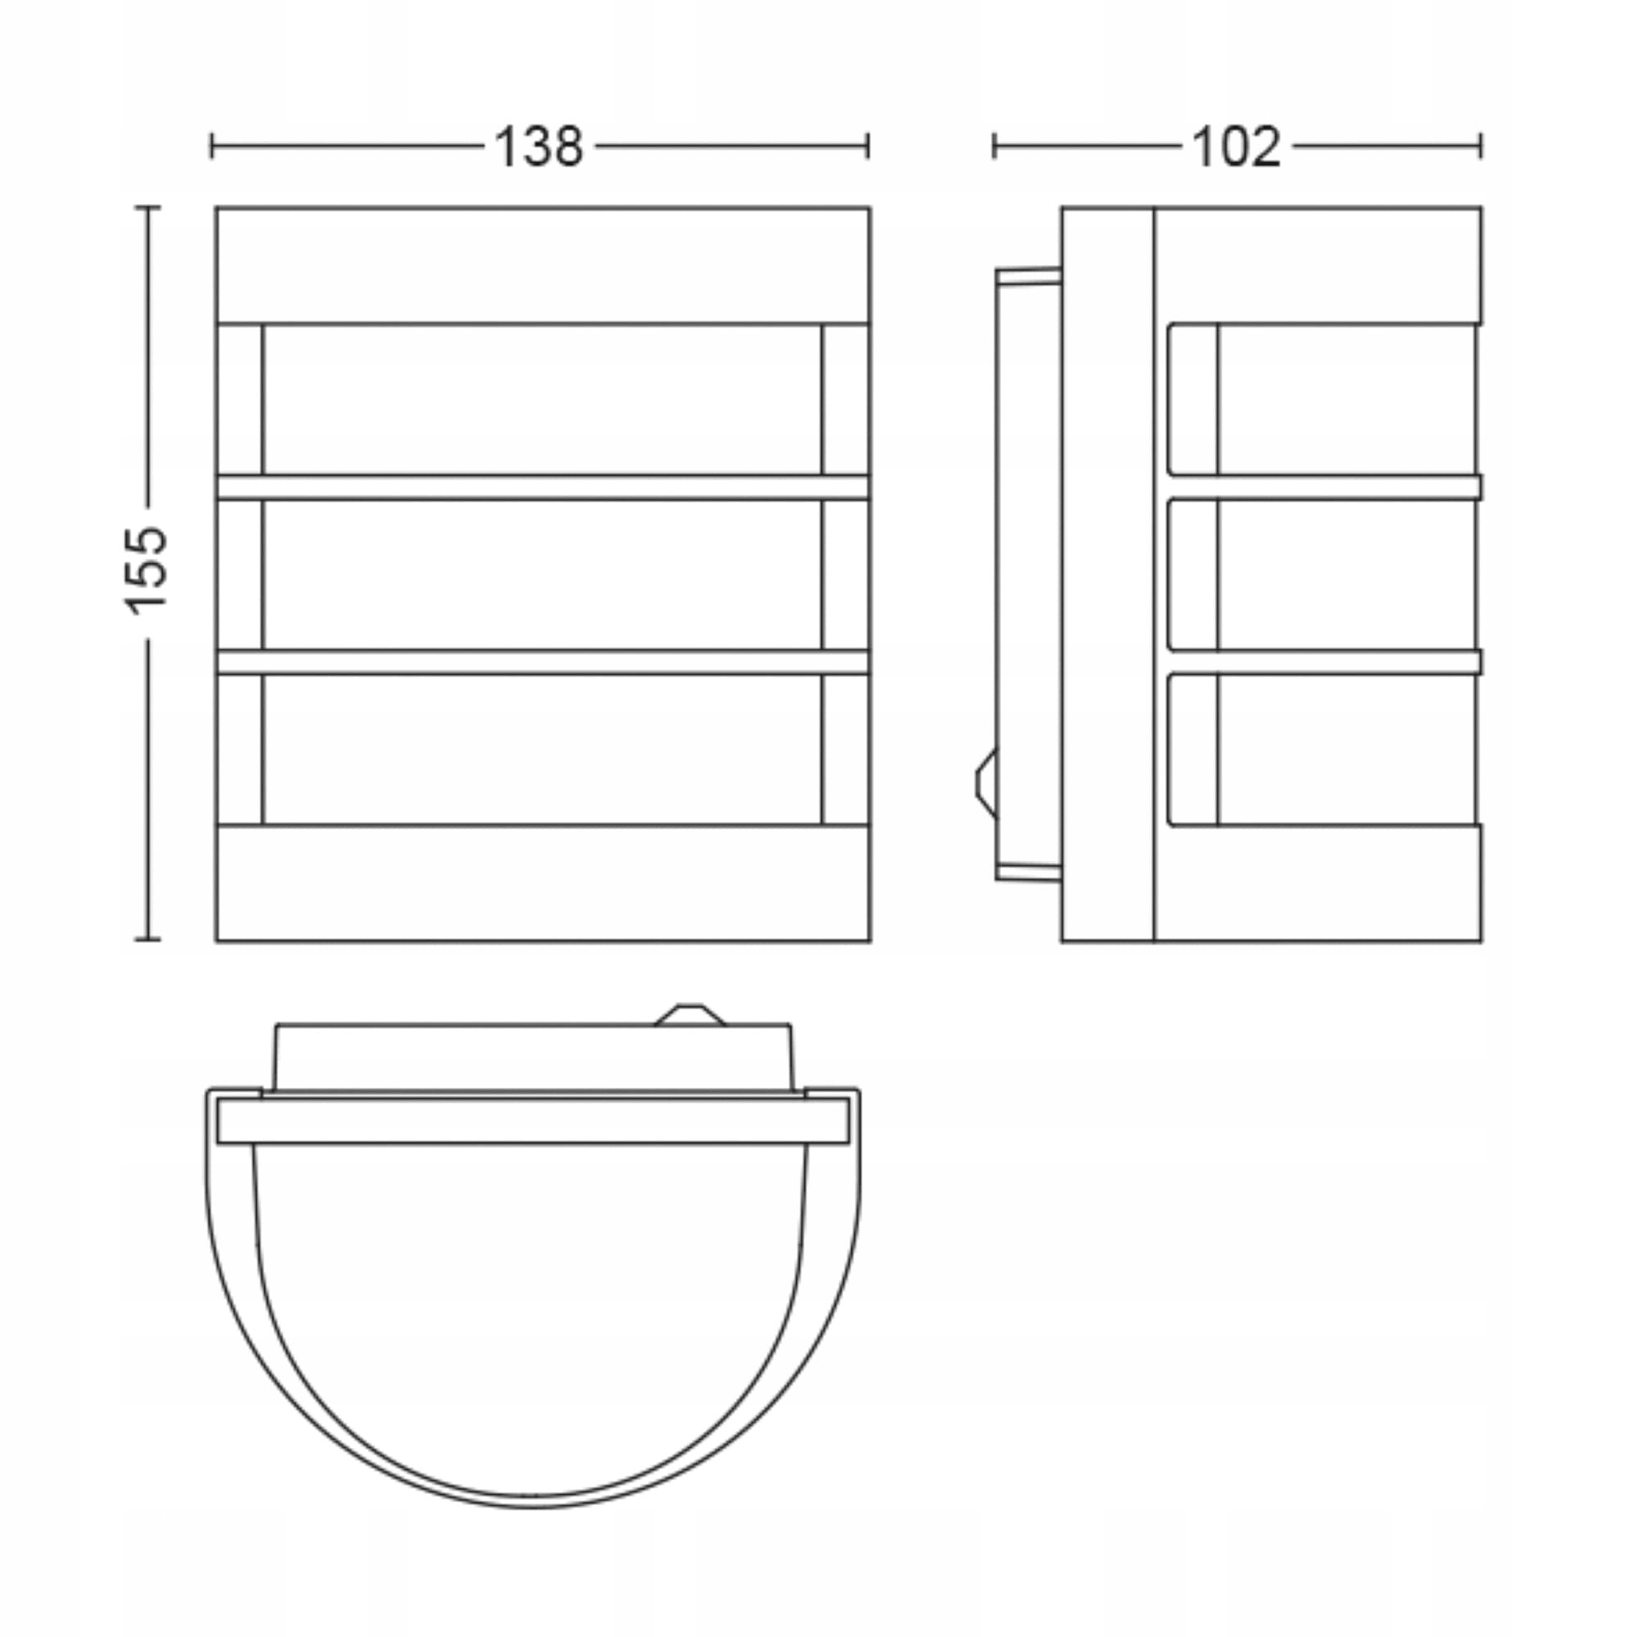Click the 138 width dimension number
coord(539,147)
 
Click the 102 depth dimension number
coord(1236,147)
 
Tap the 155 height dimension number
coord(147,570)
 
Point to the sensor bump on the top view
coord(690,1015)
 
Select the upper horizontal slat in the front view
coord(543,487)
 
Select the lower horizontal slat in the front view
coord(543,663)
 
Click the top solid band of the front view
coord(543,265)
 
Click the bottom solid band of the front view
coord(543,882)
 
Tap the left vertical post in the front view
coord(240,574)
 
